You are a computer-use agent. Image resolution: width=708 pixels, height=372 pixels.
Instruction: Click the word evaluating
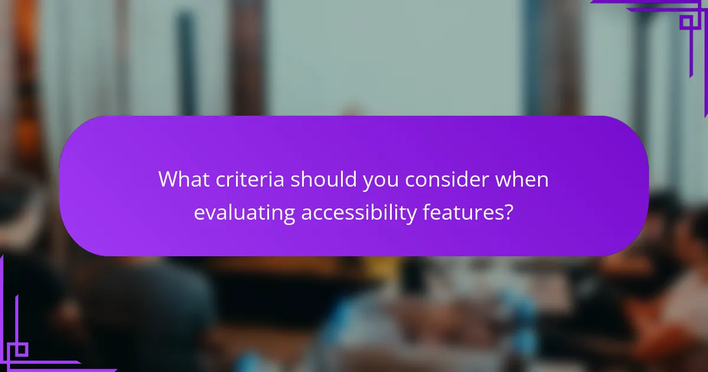244,213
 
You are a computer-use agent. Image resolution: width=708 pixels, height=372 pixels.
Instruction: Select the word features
461,212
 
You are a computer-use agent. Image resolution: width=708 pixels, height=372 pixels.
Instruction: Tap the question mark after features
508,212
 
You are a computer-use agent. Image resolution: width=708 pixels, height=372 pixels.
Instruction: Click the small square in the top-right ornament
686,22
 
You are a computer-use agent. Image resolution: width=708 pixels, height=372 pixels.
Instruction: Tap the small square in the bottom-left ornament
21,350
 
